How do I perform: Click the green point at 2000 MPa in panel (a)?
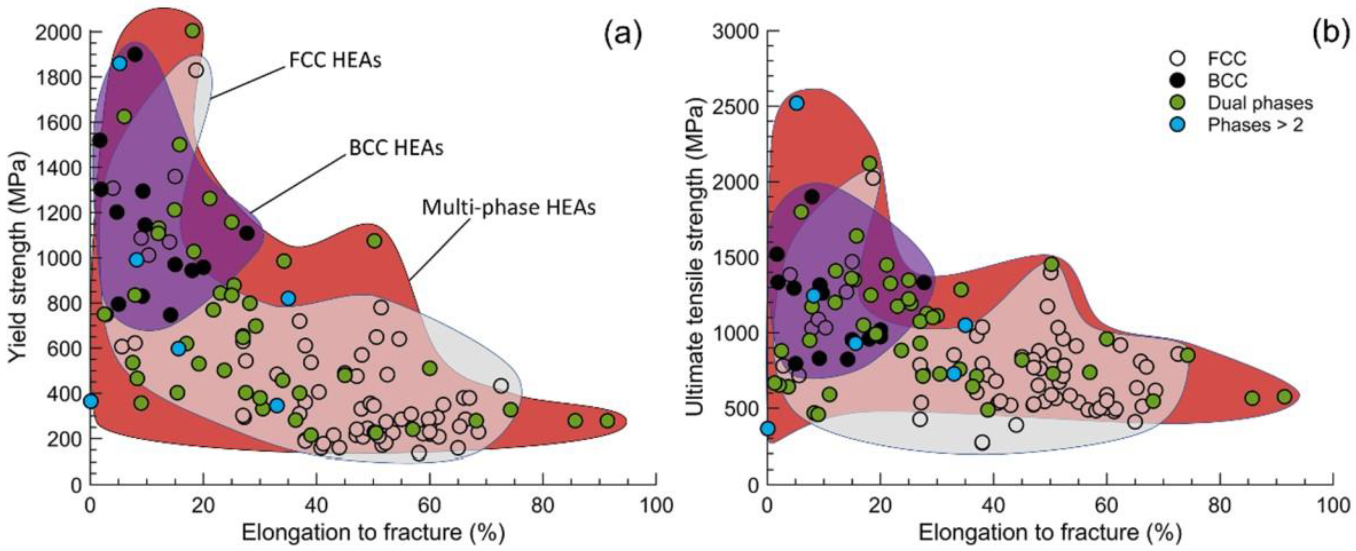click(193, 31)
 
